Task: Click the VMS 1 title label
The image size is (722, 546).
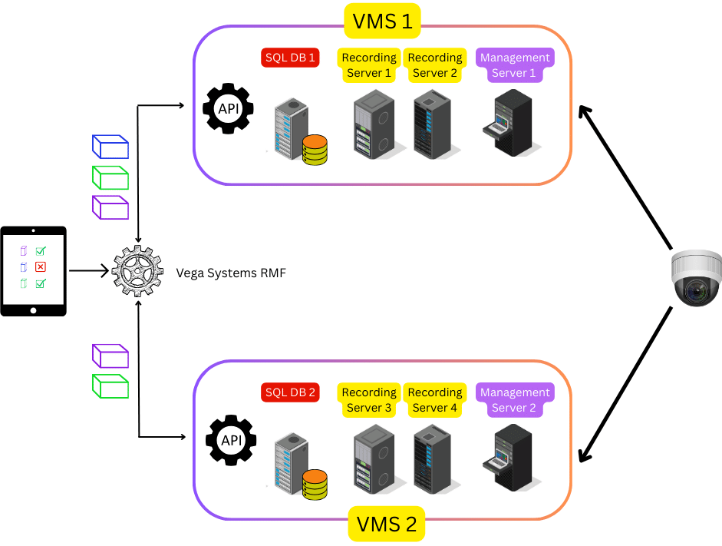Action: click(381, 21)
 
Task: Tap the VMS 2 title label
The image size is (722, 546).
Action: click(386, 524)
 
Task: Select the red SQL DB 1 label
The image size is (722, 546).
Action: click(289, 58)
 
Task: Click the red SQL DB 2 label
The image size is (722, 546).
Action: click(289, 392)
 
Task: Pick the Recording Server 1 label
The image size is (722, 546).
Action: click(369, 65)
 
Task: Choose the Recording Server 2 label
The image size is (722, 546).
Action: click(435, 65)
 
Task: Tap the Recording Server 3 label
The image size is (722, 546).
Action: click(369, 400)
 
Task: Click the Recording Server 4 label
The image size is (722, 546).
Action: click(435, 400)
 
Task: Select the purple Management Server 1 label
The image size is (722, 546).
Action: click(514, 65)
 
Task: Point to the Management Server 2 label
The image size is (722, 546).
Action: click(514, 400)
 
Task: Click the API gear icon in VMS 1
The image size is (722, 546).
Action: click(228, 109)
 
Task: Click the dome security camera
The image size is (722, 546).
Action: click(696, 278)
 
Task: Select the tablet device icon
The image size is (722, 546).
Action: click(34, 270)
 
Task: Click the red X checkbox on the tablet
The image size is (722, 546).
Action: click(41, 267)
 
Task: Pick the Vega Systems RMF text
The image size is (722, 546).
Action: click(231, 272)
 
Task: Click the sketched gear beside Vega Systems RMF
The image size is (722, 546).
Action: click(138, 271)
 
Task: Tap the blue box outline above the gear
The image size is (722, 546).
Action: click(110, 147)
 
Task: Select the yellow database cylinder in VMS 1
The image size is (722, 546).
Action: click(315, 150)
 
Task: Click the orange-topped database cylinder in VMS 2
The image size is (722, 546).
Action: click(315, 485)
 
